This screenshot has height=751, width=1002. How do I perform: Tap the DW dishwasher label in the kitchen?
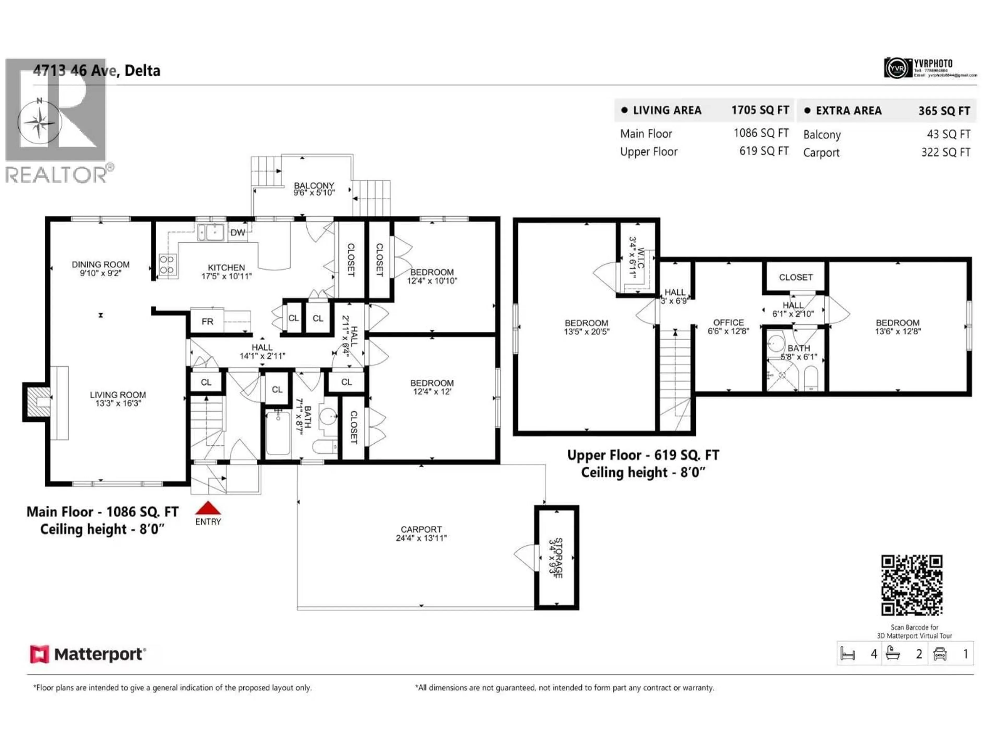tap(237, 233)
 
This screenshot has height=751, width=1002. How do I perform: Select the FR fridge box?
tap(207, 322)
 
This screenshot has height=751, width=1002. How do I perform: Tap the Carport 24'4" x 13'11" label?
tap(421, 533)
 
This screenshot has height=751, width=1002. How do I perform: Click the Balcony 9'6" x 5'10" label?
tap(314, 189)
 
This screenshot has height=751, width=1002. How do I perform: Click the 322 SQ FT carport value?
tap(945, 153)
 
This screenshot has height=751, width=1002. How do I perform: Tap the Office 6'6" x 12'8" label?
tap(728, 326)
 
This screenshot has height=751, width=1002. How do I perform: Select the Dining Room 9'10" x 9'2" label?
tap(100, 268)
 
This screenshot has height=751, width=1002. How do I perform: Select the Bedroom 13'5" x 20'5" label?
tap(586, 327)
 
